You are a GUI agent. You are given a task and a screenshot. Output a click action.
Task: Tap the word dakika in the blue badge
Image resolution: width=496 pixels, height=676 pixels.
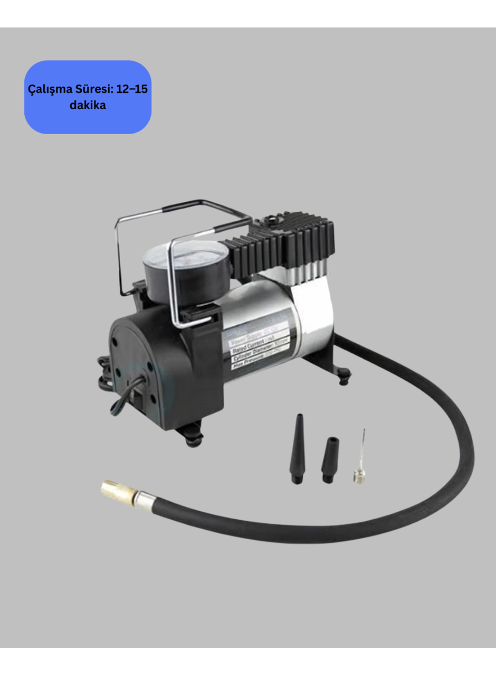pos(88,105)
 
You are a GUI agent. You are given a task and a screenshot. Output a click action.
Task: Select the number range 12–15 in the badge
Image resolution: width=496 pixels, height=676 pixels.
pos(132,89)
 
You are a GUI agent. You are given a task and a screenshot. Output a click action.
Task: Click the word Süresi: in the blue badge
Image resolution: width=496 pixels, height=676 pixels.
pos(92,89)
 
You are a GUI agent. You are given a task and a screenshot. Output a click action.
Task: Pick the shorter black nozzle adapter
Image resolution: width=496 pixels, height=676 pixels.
pos(330,459)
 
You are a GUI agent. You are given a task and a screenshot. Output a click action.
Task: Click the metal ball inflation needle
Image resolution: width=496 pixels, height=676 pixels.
pos(360,459)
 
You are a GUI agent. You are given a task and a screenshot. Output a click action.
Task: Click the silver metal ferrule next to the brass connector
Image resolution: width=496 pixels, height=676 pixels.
pos(146,500)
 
